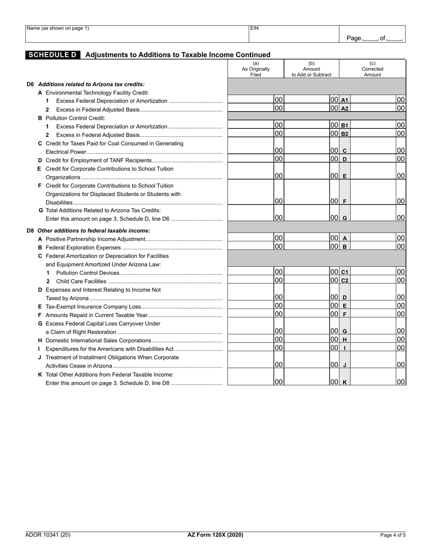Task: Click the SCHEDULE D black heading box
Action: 53,55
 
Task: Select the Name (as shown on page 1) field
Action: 136,34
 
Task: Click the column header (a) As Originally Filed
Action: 255,69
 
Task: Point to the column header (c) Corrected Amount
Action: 372,69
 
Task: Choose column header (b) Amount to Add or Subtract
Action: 311,69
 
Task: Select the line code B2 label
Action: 345,134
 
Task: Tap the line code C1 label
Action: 345,272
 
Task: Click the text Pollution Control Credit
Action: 75,118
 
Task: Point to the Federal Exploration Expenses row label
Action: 83,248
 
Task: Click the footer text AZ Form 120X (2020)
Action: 215,535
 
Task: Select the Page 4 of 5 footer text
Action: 393,535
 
